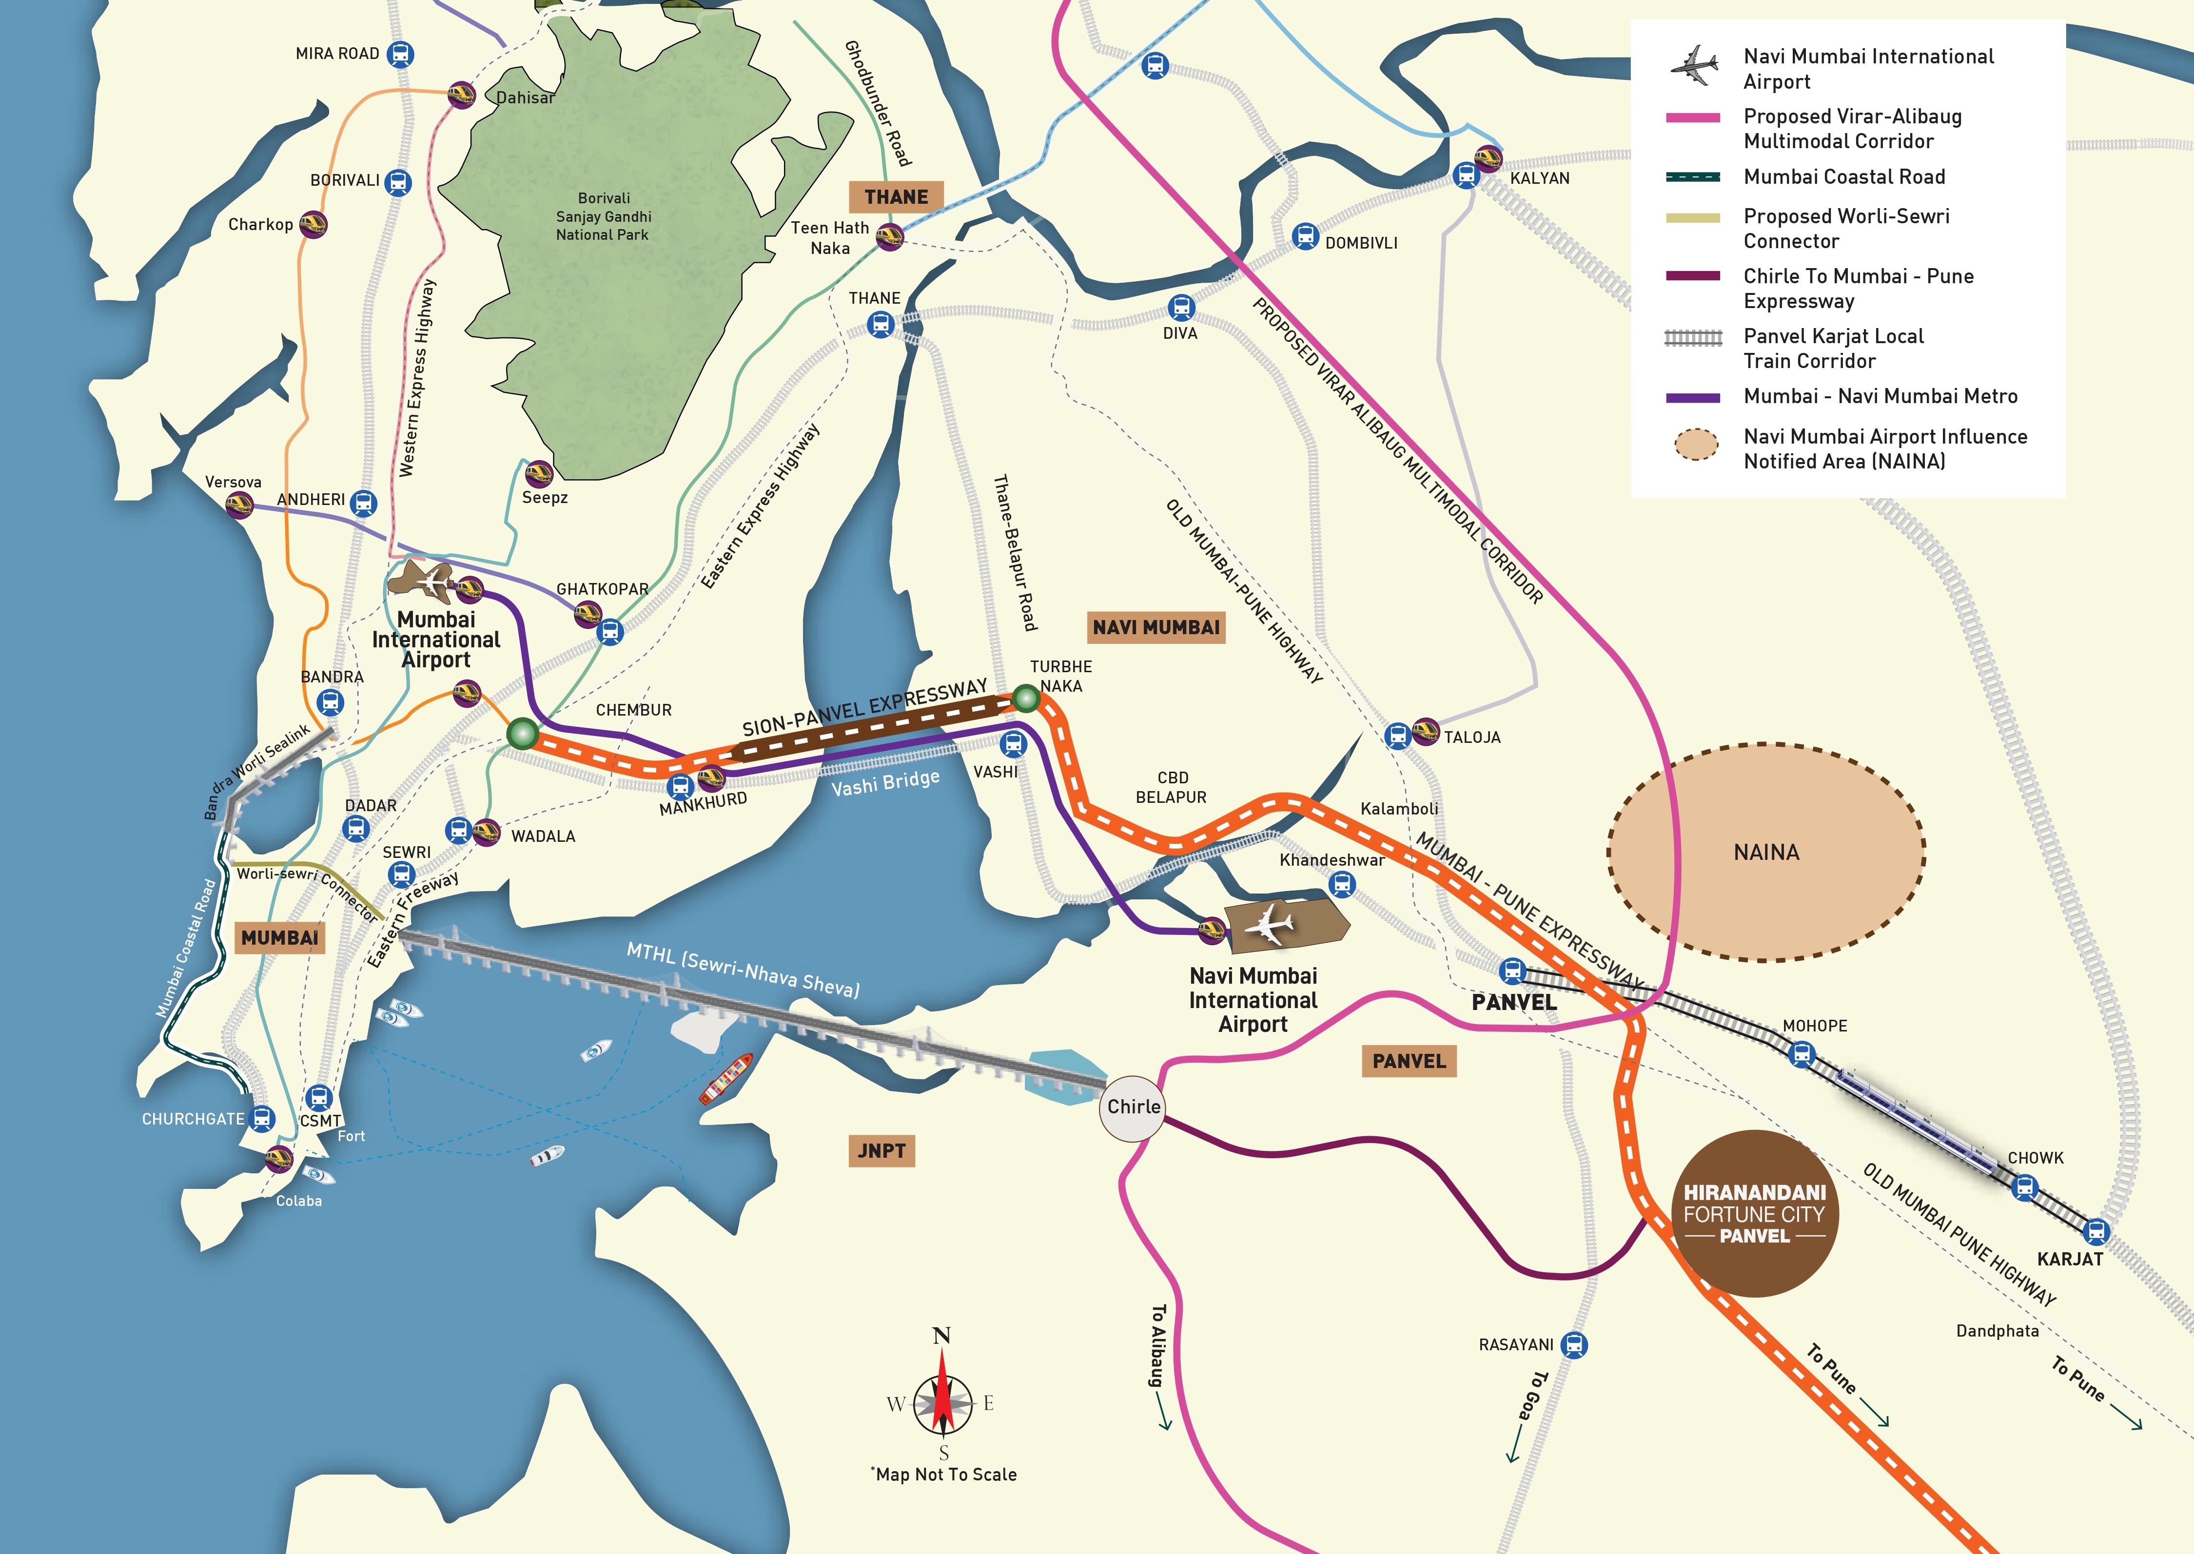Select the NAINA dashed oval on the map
(x=1766, y=852)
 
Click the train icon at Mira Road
(x=400, y=55)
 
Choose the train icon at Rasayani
(x=1573, y=1344)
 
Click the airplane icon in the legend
(x=1695, y=65)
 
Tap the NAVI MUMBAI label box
(x=1156, y=628)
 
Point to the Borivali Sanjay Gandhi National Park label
(x=603, y=216)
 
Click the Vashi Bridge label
(x=885, y=783)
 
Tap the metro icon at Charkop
(x=313, y=225)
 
